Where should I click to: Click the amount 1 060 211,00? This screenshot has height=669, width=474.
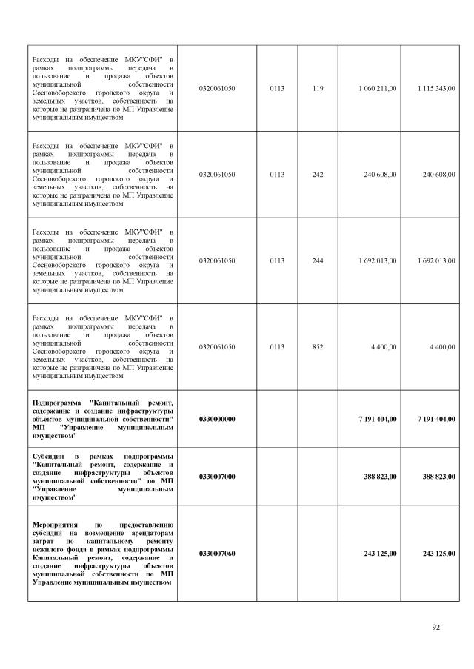point(378,88)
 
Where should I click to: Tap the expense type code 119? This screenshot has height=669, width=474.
point(318,88)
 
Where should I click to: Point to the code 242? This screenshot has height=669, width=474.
point(318,175)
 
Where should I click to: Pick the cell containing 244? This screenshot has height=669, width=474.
point(318,260)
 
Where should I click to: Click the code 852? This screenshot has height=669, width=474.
point(318,346)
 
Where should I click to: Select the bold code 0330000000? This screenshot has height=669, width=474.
point(217,419)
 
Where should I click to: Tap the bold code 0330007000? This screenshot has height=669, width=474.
point(217,477)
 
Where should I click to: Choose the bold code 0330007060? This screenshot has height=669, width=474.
point(217,554)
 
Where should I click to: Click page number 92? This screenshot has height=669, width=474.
point(436,628)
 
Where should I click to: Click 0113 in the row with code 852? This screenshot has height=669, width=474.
point(277,346)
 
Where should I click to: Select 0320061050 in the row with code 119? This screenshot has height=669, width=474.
point(217,88)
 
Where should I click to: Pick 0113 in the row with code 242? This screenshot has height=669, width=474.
point(277,175)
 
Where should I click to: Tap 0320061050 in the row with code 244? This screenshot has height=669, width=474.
point(217,260)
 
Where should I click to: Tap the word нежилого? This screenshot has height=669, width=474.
point(49,550)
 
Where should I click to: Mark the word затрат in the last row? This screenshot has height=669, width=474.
point(43,542)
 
